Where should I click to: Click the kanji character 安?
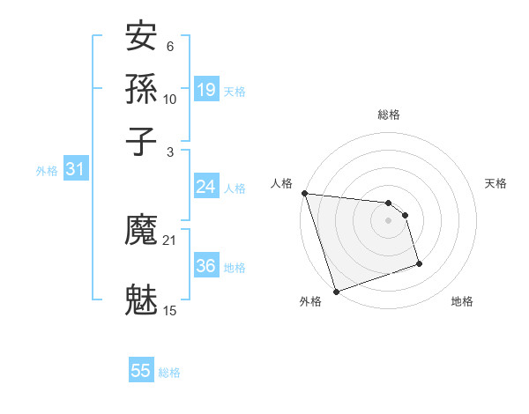(142, 37)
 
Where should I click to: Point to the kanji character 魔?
(142, 232)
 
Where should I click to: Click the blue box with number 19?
(206, 90)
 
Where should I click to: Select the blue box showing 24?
(206, 187)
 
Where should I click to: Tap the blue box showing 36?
(206, 266)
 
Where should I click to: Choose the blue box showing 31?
(75, 170)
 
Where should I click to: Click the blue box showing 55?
(141, 371)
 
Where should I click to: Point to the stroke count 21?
(170, 240)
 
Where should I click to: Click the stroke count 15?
(170, 310)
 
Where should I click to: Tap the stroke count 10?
(170, 100)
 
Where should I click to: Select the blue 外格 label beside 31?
(47, 171)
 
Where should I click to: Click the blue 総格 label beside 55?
(169, 373)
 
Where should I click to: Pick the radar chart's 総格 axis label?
(389, 115)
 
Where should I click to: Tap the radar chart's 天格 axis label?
(495, 183)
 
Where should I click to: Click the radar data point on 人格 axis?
(304, 193)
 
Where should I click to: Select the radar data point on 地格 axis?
(419, 263)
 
